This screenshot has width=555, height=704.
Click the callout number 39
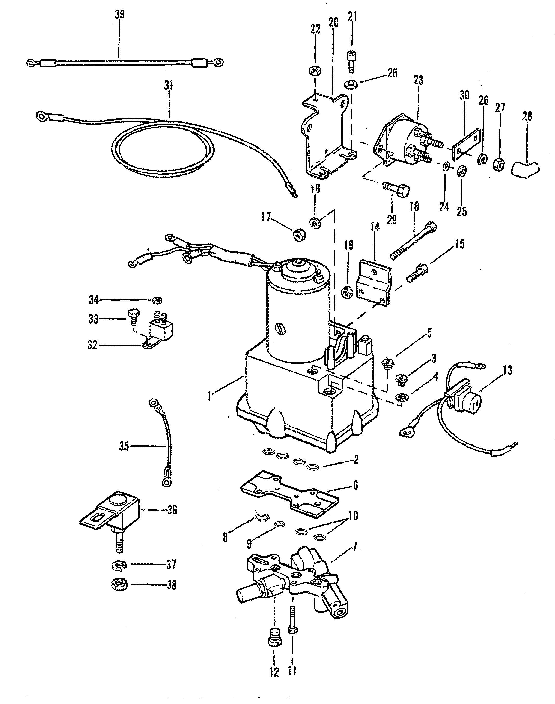pos(119,15)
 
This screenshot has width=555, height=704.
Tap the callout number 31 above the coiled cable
pos(169,86)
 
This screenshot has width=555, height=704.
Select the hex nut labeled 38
pos(119,585)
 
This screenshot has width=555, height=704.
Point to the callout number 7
pos(355,547)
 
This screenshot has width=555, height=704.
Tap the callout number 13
pos(507,370)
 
